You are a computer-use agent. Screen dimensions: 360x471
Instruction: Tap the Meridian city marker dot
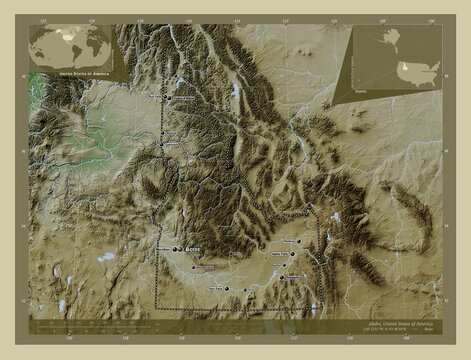175,249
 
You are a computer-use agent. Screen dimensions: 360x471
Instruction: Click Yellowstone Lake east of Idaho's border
337,216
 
